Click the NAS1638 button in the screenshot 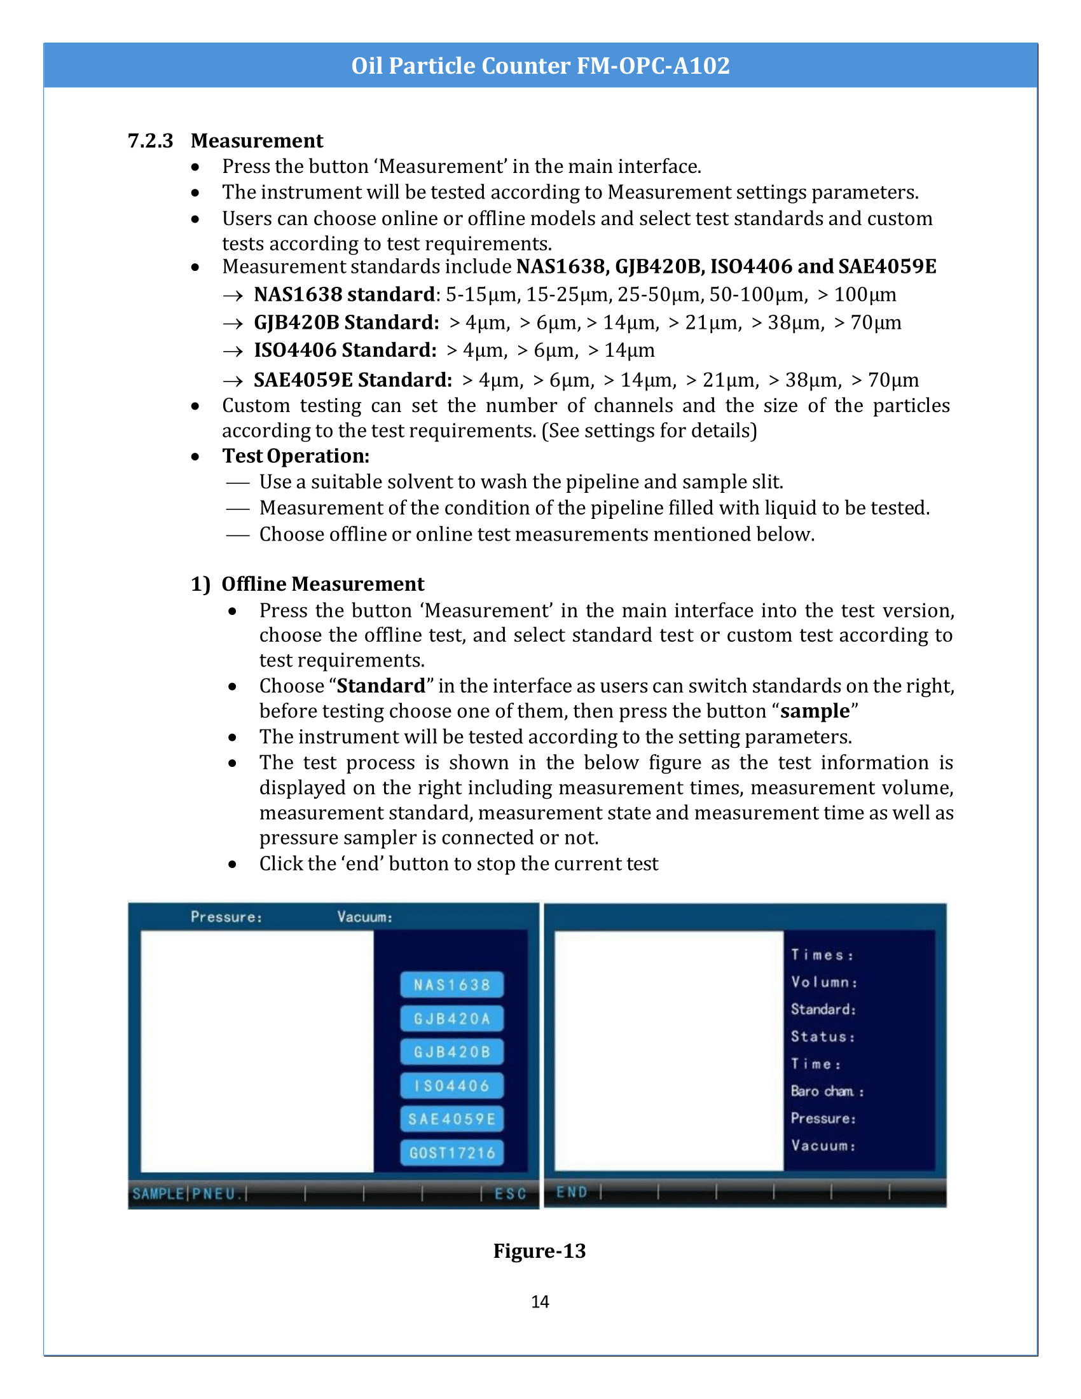click(451, 984)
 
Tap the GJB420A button click(451, 1019)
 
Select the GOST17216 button click(451, 1153)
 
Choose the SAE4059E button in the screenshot click(451, 1119)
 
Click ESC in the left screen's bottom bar click(511, 1194)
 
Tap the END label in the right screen click(571, 1192)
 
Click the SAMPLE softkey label click(158, 1194)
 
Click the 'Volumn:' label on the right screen click(823, 982)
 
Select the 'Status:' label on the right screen click(822, 1037)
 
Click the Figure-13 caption click(539, 1250)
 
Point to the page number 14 click(540, 1302)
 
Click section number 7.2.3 click(151, 141)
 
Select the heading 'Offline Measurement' click(322, 584)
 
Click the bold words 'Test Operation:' click(295, 455)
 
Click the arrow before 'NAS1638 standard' click(233, 295)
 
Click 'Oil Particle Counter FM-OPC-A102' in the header click(540, 65)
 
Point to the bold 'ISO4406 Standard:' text click(345, 350)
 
